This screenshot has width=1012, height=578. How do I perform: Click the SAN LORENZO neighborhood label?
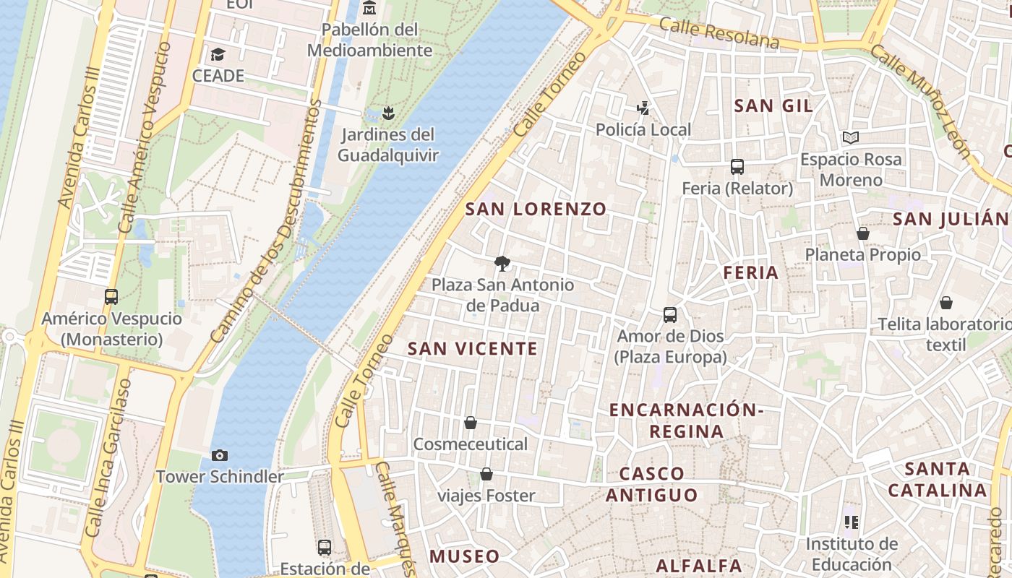click(x=536, y=210)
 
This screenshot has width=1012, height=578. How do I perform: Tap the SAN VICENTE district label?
click(x=473, y=349)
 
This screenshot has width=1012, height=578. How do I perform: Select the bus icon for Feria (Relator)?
click(x=737, y=167)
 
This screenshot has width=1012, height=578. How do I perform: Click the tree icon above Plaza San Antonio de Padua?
click(x=502, y=263)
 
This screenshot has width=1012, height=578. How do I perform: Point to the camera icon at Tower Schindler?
click(x=220, y=455)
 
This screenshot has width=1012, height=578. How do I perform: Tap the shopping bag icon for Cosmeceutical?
click(x=471, y=423)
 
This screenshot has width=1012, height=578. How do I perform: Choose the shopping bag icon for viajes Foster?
click(x=486, y=474)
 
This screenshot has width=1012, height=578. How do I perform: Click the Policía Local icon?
click(x=643, y=108)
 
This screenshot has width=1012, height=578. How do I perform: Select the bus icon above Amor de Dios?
click(x=670, y=315)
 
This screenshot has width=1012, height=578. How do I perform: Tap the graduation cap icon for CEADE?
click(x=218, y=55)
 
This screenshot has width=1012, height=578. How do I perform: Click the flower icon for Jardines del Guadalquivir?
click(x=388, y=113)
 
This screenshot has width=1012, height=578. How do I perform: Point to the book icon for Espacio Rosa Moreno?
click(x=851, y=137)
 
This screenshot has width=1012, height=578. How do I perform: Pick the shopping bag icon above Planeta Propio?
click(x=862, y=233)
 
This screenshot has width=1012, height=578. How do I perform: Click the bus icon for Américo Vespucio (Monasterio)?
click(x=111, y=296)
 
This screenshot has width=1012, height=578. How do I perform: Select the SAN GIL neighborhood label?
click(x=773, y=106)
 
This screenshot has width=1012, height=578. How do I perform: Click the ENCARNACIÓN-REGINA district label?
click(x=686, y=420)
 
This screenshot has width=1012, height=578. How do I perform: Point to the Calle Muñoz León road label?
click(x=919, y=101)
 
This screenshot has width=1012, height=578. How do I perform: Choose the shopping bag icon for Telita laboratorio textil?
click(x=945, y=303)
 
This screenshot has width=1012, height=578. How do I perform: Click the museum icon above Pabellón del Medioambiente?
click(x=369, y=8)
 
